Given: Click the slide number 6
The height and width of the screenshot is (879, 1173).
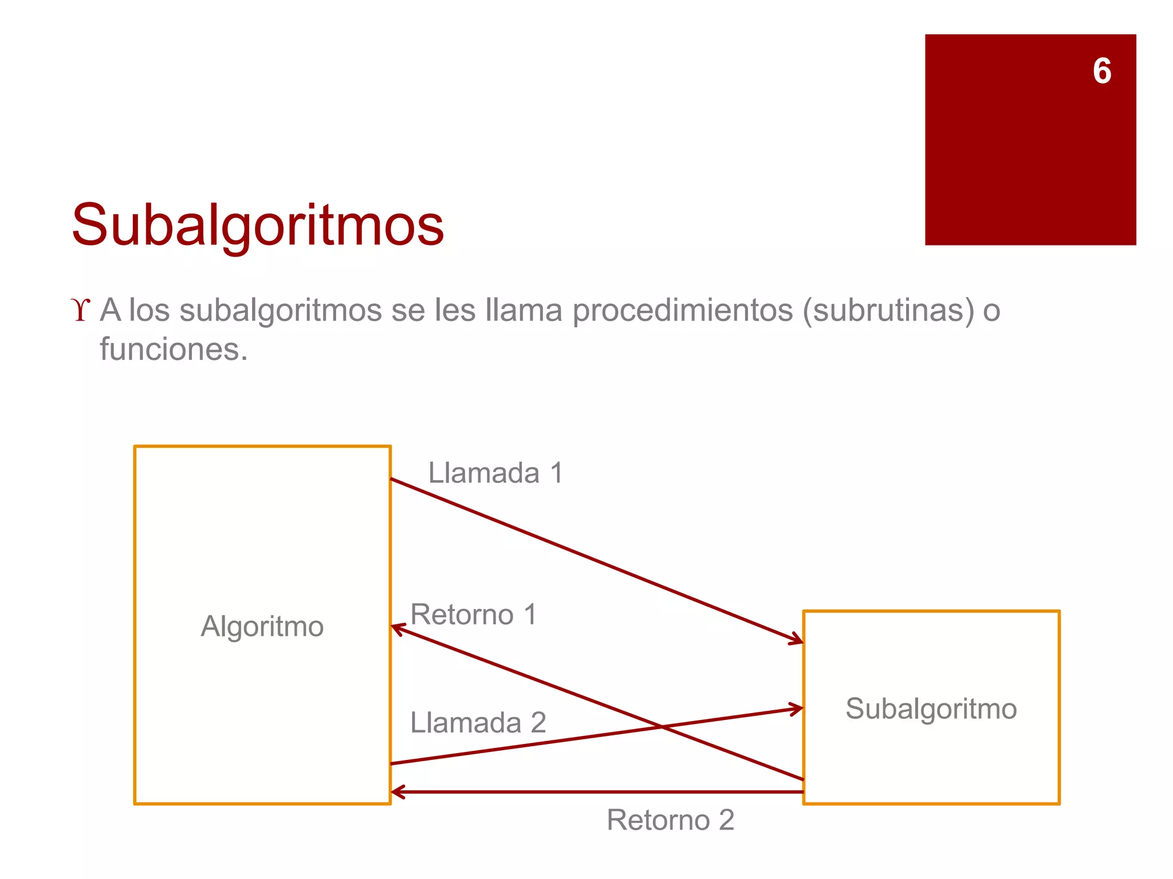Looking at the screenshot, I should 1101,72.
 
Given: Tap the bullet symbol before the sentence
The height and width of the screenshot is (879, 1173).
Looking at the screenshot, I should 81,311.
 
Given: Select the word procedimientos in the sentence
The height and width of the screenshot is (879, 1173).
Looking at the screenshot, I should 682,311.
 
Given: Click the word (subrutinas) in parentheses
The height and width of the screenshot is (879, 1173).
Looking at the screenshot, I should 888,311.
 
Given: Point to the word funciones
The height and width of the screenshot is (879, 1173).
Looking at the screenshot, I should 173,349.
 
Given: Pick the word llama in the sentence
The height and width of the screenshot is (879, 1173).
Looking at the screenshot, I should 523,311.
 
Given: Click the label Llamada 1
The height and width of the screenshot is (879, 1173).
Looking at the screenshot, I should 495,473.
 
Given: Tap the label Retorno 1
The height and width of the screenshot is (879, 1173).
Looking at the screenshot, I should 474,615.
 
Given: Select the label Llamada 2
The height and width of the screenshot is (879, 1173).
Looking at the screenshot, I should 478,722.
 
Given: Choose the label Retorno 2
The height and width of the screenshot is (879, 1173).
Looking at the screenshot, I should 670,820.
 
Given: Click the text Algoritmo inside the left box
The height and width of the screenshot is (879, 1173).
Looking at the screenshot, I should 262,626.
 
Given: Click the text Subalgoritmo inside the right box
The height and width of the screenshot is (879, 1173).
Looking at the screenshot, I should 931,708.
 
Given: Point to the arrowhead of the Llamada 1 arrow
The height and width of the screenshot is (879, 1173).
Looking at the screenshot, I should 798,640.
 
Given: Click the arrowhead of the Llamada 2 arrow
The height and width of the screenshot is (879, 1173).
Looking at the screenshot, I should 798,709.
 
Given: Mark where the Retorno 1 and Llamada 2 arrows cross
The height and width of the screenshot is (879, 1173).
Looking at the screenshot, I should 662,727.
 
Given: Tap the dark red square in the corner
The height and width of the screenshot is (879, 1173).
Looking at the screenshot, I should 1030,160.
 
